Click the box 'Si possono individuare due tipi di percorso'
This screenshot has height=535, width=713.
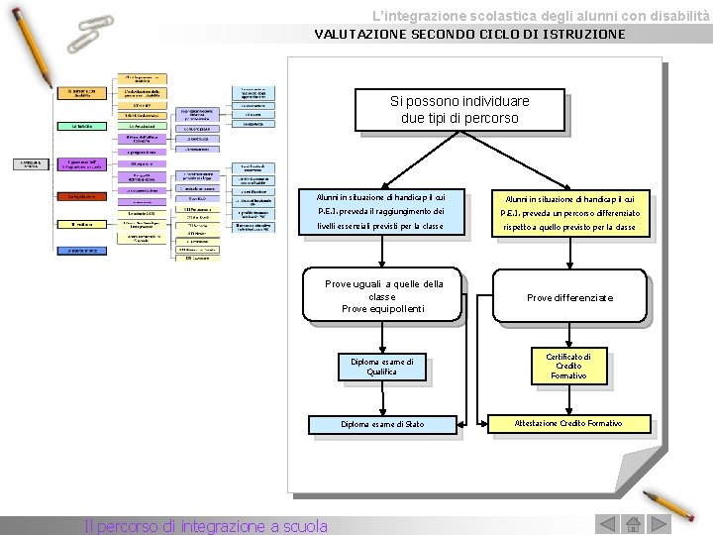[x=459, y=109]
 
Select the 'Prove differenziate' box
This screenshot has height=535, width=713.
[x=569, y=297]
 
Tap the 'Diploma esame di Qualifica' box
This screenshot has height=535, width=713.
[x=381, y=367]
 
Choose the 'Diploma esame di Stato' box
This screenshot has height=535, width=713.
[x=382, y=424]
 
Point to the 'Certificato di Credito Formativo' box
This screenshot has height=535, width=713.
[x=568, y=366]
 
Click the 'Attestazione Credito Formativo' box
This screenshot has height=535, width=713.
[x=568, y=424]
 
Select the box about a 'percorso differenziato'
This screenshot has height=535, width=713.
[x=569, y=213]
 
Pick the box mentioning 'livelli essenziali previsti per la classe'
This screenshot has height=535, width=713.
[x=380, y=212]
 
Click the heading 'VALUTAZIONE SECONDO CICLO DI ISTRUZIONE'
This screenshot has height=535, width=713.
[x=469, y=34]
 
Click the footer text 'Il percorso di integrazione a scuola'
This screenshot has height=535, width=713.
[x=206, y=526]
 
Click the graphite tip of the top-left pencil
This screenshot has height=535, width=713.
[x=49, y=85]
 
